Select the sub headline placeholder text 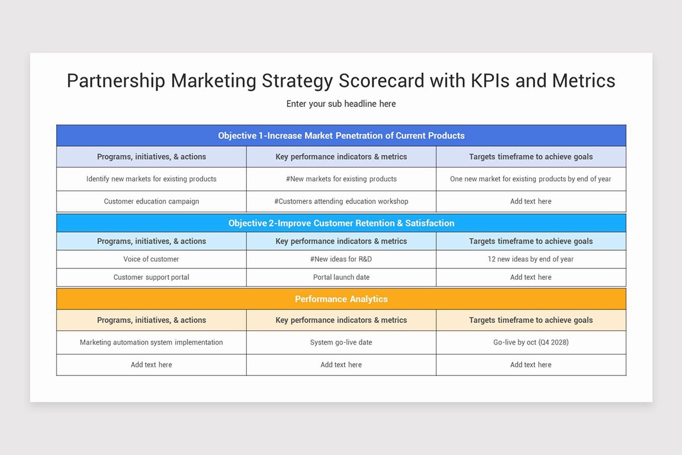coord(341,104)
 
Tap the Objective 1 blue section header coord(341,135)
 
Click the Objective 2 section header coord(341,223)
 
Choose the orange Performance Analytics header coord(341,299)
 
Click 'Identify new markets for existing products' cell coord(151,179)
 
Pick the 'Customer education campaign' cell coord(151,201)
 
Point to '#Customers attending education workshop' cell coord(341,201)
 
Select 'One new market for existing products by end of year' coord(531,179)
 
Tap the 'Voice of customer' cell coord(151,259)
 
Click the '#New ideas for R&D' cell coord(341,259)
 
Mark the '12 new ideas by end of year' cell coord(531,259)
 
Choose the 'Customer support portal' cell coord(151,278)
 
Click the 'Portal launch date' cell coord(341,278)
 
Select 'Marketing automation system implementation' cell coord(151,342)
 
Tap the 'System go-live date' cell coord(341,342)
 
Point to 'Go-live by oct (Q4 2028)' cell coord(531,342)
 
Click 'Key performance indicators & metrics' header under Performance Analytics coord(341,320)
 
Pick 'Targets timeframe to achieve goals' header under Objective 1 coord(531,156)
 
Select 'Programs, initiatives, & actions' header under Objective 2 coord(151,241)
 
